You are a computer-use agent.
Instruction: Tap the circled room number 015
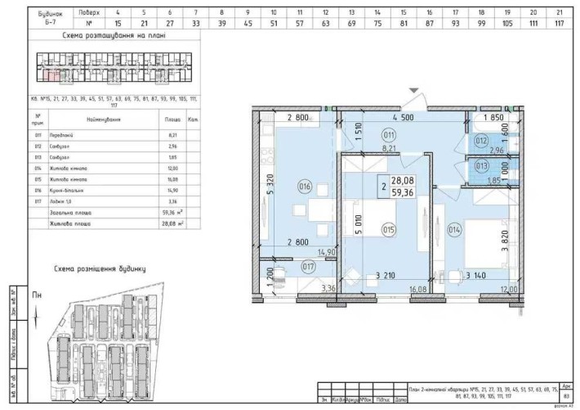(x=388, y=230)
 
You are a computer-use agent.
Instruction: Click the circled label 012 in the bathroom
(x=482, y=141)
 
